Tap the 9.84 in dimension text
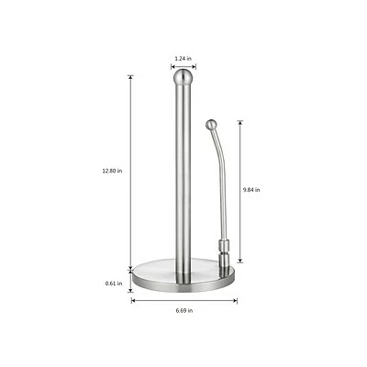pos(251,189)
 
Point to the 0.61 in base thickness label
pos(114,284)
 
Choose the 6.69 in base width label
pos(183,311)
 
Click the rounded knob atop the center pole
pos(183,77)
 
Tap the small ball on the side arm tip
pos(211,122)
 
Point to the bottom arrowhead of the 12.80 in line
pos(131,262)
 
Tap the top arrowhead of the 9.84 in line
pos(240,119)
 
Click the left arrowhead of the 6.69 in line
pos(133,300)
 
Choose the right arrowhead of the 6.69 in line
pos(235,300)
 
